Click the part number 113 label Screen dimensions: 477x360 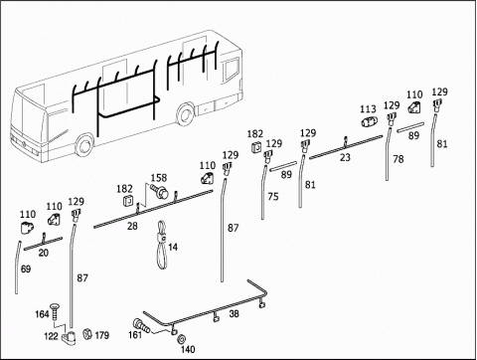[368, 109]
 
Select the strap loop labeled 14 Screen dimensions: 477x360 [162, 246]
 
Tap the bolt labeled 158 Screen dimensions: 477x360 [159, 190]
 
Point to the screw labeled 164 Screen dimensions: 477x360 [54, 311]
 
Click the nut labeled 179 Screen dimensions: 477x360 [87, 333]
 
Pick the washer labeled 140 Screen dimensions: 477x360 [182, 339]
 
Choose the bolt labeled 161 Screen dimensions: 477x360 [141, 325]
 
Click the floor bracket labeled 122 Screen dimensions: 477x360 [69, 335]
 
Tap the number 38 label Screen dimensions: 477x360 [234, 313]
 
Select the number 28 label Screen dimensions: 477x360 [132, 226]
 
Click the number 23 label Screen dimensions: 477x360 [345, 157]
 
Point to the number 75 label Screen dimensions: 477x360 [273, 197]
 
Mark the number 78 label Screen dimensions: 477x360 [398, 159]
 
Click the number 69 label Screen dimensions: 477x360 [26, 269]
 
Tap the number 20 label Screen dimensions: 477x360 [44, 253]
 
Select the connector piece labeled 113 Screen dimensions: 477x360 [369, 121]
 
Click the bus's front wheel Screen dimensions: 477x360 [84, 145]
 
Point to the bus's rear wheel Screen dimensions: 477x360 [185, 113]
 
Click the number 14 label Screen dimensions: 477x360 [173, 248]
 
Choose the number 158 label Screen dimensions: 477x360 [159, 178]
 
